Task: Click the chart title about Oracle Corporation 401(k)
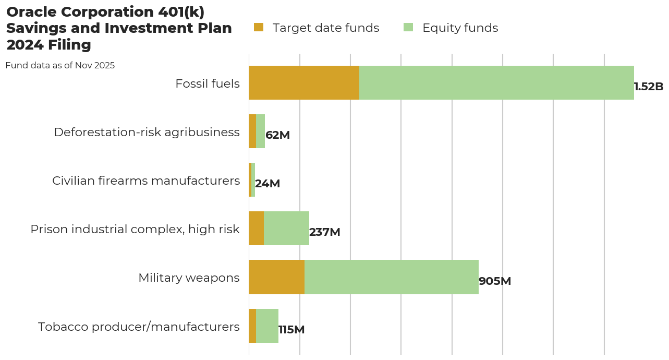click(x=119, y=29)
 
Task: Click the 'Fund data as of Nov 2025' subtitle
click(x=60, y=66)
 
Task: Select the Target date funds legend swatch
click(x=259, y=28)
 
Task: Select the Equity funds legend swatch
click(x=408, y=28)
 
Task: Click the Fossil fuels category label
click(x=208, y=83)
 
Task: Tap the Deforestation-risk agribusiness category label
click(x=147, y=132)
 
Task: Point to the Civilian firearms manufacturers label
click(x=146, y=181)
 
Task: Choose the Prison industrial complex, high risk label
click(x=135, y=229)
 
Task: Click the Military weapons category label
click(x=189, y=278)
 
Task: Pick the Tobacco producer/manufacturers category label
click(x=139, y=327)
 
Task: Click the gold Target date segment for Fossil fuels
click(x=304, y=83)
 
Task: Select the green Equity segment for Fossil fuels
click(x=496, y=83)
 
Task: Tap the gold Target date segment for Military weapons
click(x=276, y=277)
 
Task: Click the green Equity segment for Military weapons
click(x=391, y=277)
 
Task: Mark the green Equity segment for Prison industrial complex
click(x=286, y=229)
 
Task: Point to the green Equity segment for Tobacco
click(x=267, y=326)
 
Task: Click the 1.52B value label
click(x=649, y=87)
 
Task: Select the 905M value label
click(x=495, y=281)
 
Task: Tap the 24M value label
click(x=267, y=184)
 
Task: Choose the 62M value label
click(x=277, y=135)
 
